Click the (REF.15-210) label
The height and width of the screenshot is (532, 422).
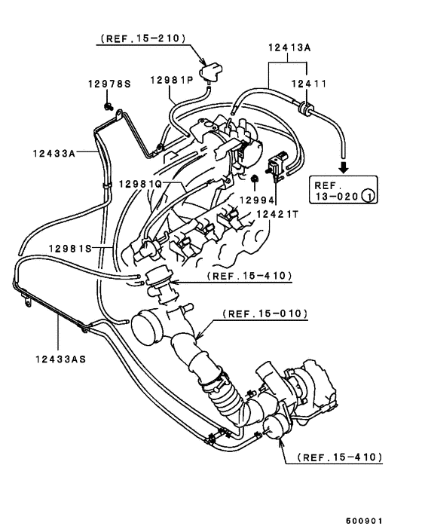[142, 38]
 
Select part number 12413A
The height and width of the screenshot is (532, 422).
[289, 47]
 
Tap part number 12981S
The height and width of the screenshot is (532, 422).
[71, 247]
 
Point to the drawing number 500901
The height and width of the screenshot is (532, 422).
[365, 521]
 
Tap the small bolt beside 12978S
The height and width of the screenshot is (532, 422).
[110, 106]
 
